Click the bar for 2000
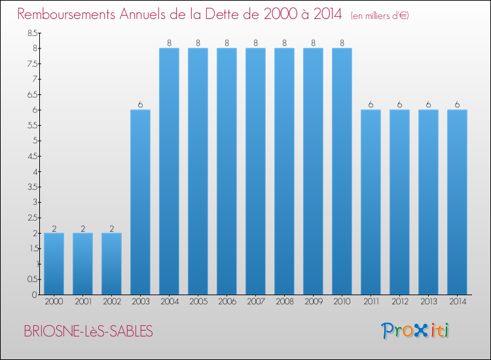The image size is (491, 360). [54, 264]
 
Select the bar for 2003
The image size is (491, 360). [140, 202]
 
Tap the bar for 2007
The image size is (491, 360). [255, 171]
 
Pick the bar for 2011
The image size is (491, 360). [371, 202]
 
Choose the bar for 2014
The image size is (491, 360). [457, 202]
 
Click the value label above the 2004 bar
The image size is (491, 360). [169, 43]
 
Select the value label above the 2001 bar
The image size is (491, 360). [82, 228]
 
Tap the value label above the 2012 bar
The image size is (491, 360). [399, 105]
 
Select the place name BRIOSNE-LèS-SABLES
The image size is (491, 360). [88, 331]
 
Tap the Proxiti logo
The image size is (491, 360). [415, 331]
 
